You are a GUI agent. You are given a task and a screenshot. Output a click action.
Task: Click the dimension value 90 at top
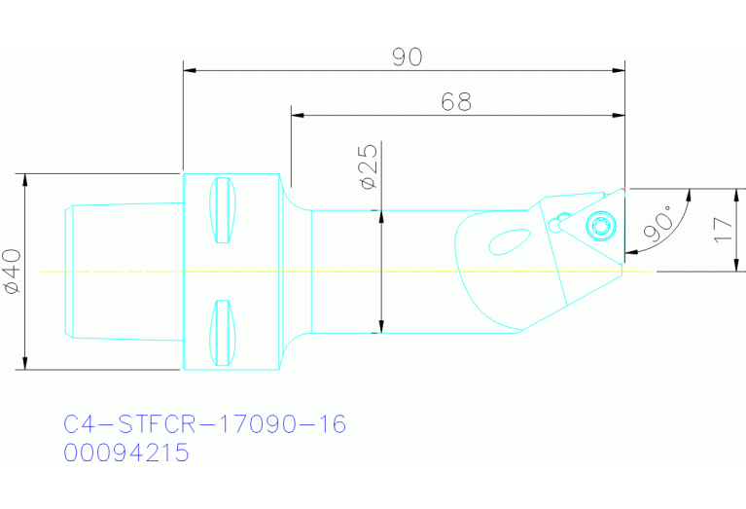[x=408, y=57]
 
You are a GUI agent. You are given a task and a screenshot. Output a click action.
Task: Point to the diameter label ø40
[x=11, y=272]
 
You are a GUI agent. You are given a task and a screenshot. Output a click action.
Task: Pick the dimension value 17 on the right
[x=721, y=230]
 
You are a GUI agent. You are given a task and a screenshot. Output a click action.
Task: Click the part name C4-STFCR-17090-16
[x=204, y=425]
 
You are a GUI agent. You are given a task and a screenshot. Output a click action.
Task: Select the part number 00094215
[x=126, y=453]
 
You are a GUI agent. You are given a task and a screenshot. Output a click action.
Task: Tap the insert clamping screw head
[x=600, y=228]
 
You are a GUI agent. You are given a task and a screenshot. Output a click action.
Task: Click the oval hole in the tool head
[x=507, y=239]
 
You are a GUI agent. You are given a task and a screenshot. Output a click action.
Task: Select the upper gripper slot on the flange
[x=223, y=211]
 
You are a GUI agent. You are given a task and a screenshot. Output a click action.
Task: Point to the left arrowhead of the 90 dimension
[x=190, y=70]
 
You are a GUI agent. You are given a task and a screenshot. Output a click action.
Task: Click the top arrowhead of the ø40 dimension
[x=24, y=180]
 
